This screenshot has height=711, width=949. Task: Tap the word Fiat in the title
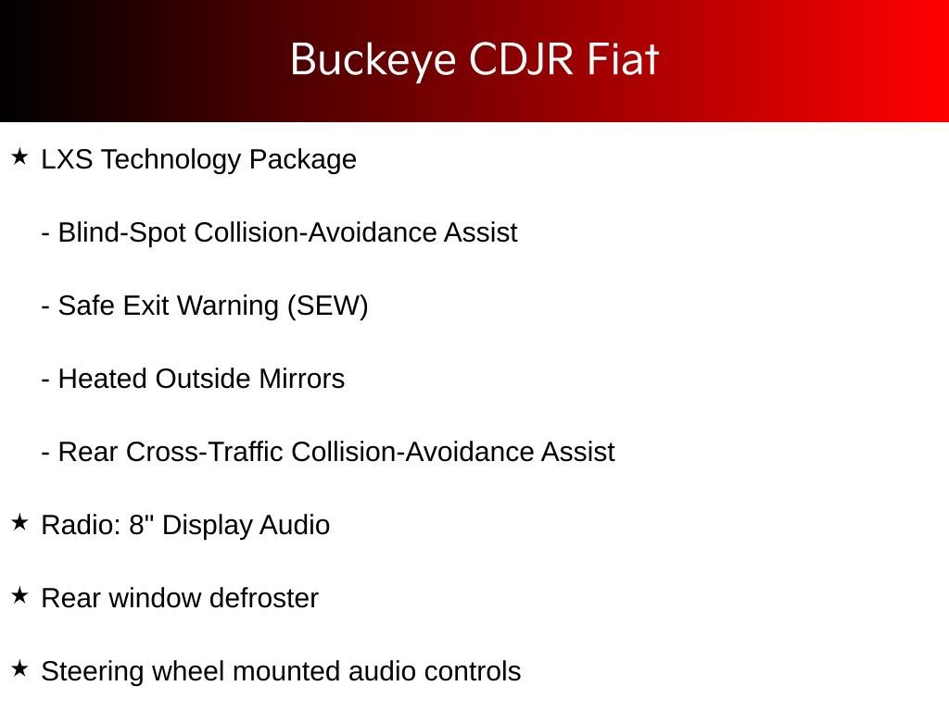tap(623, 60)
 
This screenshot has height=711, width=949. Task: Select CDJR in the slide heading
tap(523, 60)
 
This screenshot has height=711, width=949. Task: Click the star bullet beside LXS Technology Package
tap(19, 157)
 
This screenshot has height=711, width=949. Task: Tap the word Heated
tap(103, 379)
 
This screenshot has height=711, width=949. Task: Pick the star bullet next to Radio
tap(19, 523)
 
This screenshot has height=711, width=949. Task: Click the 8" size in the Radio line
tap(141, 525)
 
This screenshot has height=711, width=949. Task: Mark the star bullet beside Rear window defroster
tap(19, 596)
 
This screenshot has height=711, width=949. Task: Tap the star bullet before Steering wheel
tap(19, 669)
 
